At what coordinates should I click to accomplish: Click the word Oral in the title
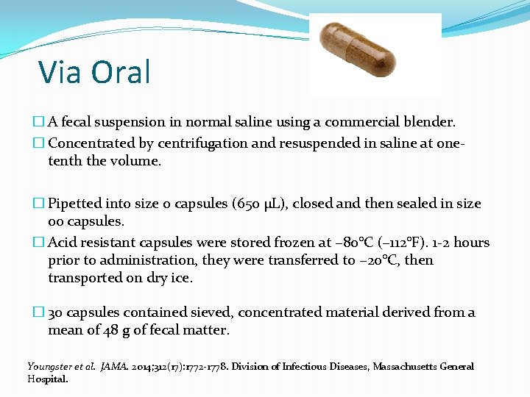121,72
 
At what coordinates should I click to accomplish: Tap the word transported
83,277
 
